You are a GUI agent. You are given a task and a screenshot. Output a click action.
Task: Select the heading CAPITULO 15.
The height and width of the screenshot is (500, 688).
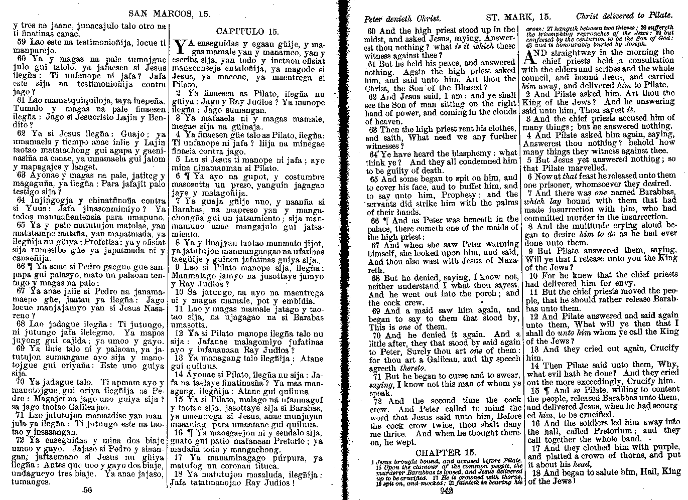(x=249, y=31)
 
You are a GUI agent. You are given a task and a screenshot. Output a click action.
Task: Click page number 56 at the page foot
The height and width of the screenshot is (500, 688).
(x=88, y=490)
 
